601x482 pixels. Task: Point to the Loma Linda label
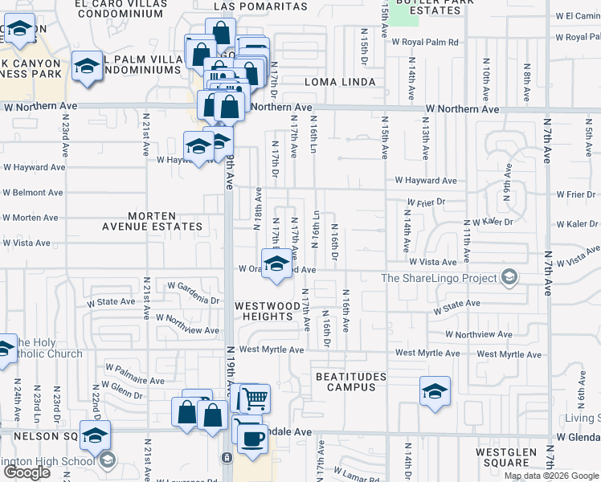[340, 83]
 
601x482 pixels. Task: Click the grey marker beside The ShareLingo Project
[508, 278]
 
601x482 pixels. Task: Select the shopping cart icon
[255, 398]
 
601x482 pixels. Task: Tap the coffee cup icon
[254, 439]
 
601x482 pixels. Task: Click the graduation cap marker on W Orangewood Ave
[276, 263]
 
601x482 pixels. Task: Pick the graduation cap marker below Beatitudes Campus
[435, 392]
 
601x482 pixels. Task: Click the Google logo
[27, 472]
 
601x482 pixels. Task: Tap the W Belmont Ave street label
[33, 193]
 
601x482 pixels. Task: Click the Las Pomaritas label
[261, 6]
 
